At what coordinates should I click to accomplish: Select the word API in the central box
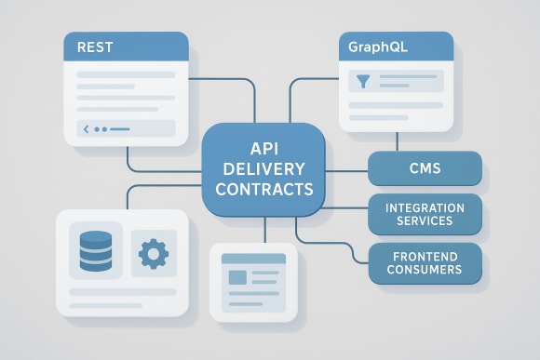pyautogui.click(x=264, y=147)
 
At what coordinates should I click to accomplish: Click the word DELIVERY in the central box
pyautogui.click(x=264, y=168)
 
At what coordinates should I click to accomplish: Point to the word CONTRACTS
pyautogui.click(x=264, y=189)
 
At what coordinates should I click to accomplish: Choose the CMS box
pyautogui.click(x=425, y=169)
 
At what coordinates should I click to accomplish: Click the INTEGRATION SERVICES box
pyautogui.click(x=425, y=214)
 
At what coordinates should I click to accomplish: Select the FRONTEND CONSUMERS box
pyautogui.click(x=425, y=261)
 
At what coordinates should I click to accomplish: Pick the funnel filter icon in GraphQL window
pyautogui.click(x=361, y=82)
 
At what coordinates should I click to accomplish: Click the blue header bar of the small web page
pyautogui.click(x=253, y=259)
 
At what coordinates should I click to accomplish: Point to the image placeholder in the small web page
pyautogui.click(x=238, y=277)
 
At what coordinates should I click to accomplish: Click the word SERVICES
pyautogui.click(x=425, y=221)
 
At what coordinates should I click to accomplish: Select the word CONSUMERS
pyautogui.click(x=425, y=269)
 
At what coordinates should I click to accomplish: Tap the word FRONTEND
pyautogui.click(x=425, y=254)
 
